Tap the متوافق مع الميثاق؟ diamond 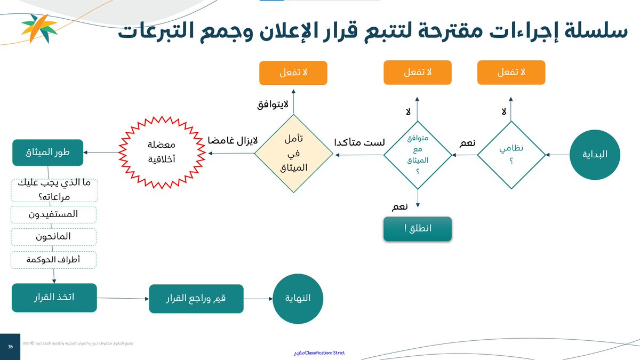click(x=418, y=155)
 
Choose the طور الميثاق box click(x=48, y=153)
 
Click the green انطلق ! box click(x=418, y=229)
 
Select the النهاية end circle click(x=299, y=298)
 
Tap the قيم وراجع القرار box click(x=196, y=298)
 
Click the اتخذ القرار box click(x=54, y=297)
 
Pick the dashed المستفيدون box click(x=53, y=214)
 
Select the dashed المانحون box click(x=53, y=236)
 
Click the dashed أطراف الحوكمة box click(x=53, y=259)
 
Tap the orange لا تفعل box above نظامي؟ click(x=511, y=73)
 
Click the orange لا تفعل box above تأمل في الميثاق click(x=293, y=73)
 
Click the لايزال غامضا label click(x=233, y=141)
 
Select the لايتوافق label click(x=273, y=105)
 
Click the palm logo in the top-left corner click(x=39, y=28)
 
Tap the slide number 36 click(x=10, y=347)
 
